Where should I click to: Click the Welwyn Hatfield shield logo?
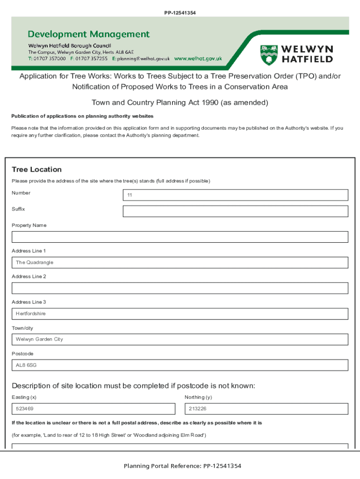(268, 55)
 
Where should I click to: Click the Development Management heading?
(89, 34)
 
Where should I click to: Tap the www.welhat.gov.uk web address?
(198, 59)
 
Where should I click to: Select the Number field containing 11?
(235, 195)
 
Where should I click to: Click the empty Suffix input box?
(235, 211)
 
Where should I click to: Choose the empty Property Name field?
(180, 237)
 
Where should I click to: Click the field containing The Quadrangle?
(180, 262)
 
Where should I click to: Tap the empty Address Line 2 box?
(180, 288)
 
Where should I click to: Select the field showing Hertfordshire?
(180, 313)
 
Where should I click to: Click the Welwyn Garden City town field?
(180, 339)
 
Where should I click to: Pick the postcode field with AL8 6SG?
(180, 365)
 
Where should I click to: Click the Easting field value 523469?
(94, 409)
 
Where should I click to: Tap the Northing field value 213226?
(266, 409)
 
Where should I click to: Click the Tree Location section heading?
(36, 169)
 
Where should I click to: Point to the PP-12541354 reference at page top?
(180, 13)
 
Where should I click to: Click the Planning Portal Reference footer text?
(182, 466)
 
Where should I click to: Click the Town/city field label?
(22, 328)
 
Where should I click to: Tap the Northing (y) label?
(198, 397)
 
